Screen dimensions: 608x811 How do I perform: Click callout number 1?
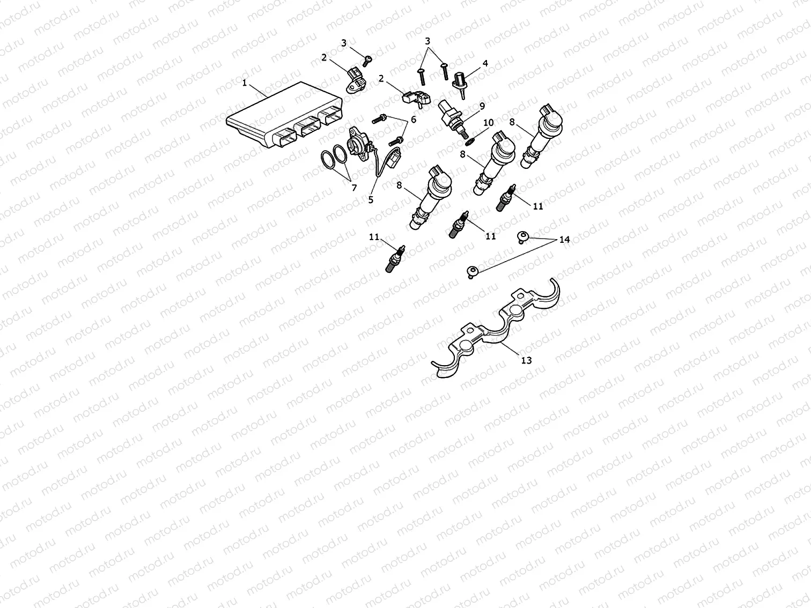(x=245, y=83)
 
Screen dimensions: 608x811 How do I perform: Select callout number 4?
(x=485, y=63)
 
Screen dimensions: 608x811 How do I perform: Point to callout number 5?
(x=371, y=199)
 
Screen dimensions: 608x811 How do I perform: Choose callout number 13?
(x=526, y=360)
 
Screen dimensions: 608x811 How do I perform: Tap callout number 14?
(x=564, y=240)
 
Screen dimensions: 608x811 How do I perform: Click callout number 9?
(x=482, y=106)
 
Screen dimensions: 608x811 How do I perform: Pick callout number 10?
(x=488, y=123)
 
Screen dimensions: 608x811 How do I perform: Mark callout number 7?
(x=353, y=188)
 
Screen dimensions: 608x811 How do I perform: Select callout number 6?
(x=413, y=120)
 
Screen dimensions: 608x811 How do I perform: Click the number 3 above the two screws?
(x=427, y=41)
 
